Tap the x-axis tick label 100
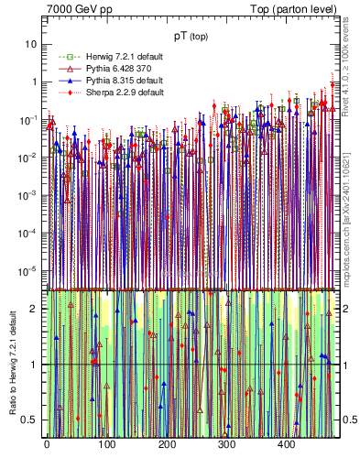106,444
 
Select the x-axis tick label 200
167,444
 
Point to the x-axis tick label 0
47,444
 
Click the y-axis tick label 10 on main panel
32,43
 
